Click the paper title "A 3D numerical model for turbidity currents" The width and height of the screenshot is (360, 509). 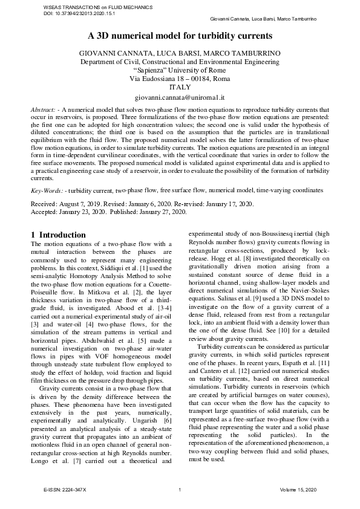(180, 36)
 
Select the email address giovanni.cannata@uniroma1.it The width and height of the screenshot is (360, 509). (180, 97)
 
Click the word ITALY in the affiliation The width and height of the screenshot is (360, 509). (180, 87)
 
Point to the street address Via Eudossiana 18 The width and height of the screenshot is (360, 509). (159, 79)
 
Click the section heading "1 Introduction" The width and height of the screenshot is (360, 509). (58, 235)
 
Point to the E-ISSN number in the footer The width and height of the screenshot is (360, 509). (65, 488)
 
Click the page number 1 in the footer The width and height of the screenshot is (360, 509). (180, 488)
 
